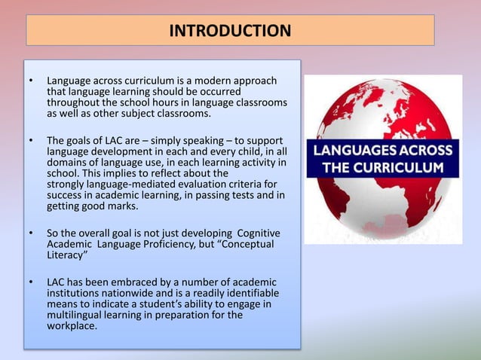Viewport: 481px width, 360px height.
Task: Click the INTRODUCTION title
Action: point(230,31)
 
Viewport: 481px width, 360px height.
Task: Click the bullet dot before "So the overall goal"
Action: point(31,233)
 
